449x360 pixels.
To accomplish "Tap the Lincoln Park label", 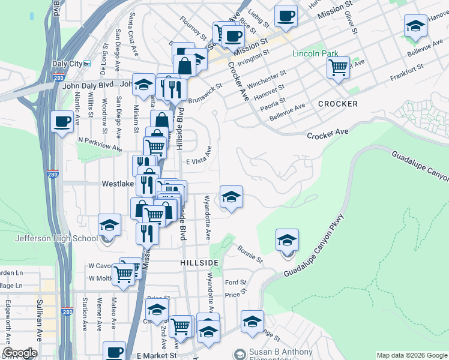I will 315,53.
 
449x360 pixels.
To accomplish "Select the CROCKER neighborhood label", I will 338,104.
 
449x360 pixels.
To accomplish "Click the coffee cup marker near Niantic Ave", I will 62,122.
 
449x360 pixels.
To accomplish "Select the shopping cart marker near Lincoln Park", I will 339,67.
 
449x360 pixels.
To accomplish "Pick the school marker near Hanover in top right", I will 415,26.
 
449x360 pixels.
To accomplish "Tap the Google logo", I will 20,353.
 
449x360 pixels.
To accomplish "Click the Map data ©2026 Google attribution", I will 412,355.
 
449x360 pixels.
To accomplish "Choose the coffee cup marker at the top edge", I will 286,16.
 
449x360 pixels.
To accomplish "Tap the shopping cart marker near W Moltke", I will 124,274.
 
